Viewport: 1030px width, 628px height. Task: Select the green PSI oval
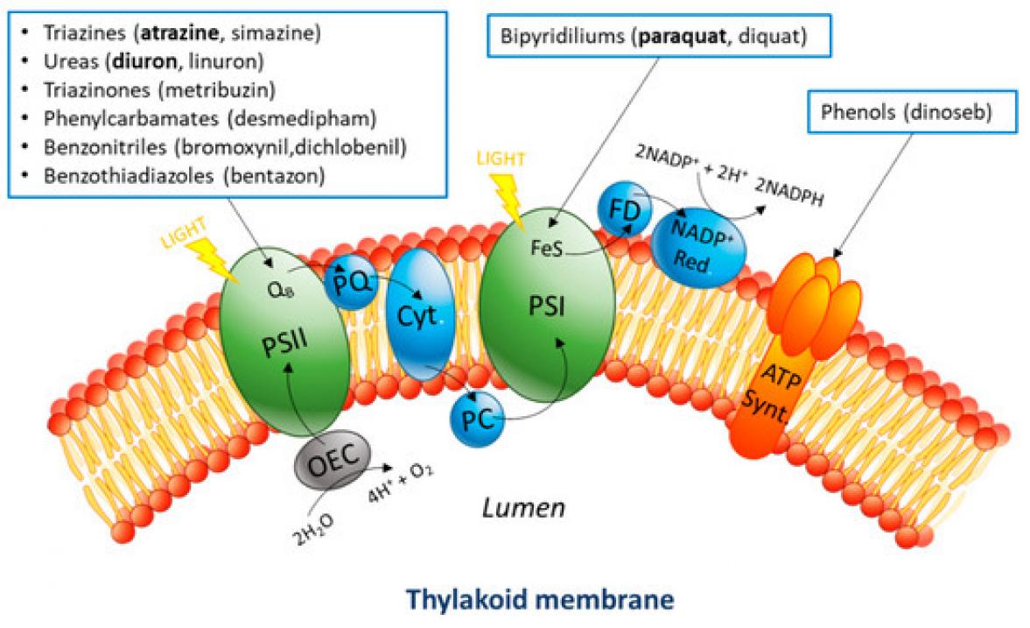(x=543, y=307)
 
